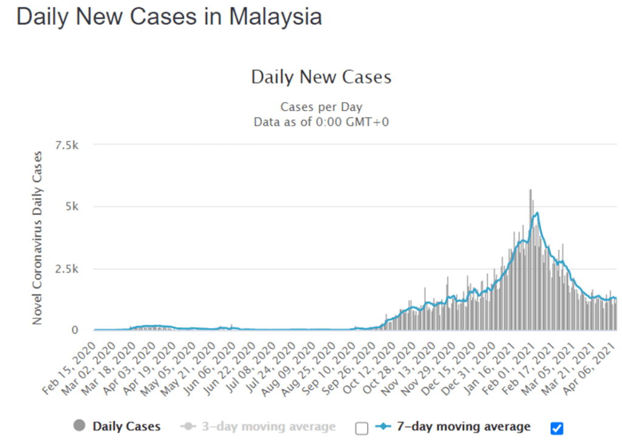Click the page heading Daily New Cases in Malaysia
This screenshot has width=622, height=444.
click(169, 16)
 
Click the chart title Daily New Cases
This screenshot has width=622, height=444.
click(321, 78)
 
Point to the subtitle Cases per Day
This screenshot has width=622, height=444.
click(321, 107)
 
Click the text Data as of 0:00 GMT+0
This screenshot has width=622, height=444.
click(321, 121)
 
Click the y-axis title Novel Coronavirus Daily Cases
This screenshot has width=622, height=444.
click(38, 237)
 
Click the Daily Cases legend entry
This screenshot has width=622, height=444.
click(126, 426)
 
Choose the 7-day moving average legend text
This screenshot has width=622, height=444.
click(463, 426)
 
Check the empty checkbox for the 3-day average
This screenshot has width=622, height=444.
click(362, 428)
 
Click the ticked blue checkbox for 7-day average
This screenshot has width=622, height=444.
click(557, 428)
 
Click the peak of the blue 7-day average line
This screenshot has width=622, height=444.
click(537, 213)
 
